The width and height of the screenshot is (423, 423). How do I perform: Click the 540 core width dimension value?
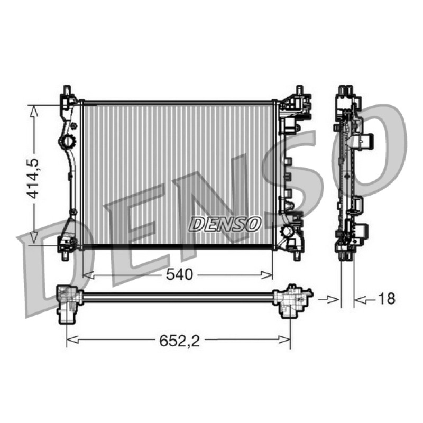pyautogui.click(x=180, y=274)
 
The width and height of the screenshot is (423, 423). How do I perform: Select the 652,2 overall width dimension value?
pyautogui.click(x=179, y=341)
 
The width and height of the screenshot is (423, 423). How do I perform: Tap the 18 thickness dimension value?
pyautogui.click(x=387, y=299)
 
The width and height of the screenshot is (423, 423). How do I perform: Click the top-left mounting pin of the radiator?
pyautogui.click(x=67, y=89)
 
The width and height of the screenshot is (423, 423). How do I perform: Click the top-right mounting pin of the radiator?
pyautogui.click(x=299, y=90)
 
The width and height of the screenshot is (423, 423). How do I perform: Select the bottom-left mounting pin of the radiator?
pyautogui.click(x=65, y=256)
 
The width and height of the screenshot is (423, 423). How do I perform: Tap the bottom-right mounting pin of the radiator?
pyautogui.click(x=297, y=256)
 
